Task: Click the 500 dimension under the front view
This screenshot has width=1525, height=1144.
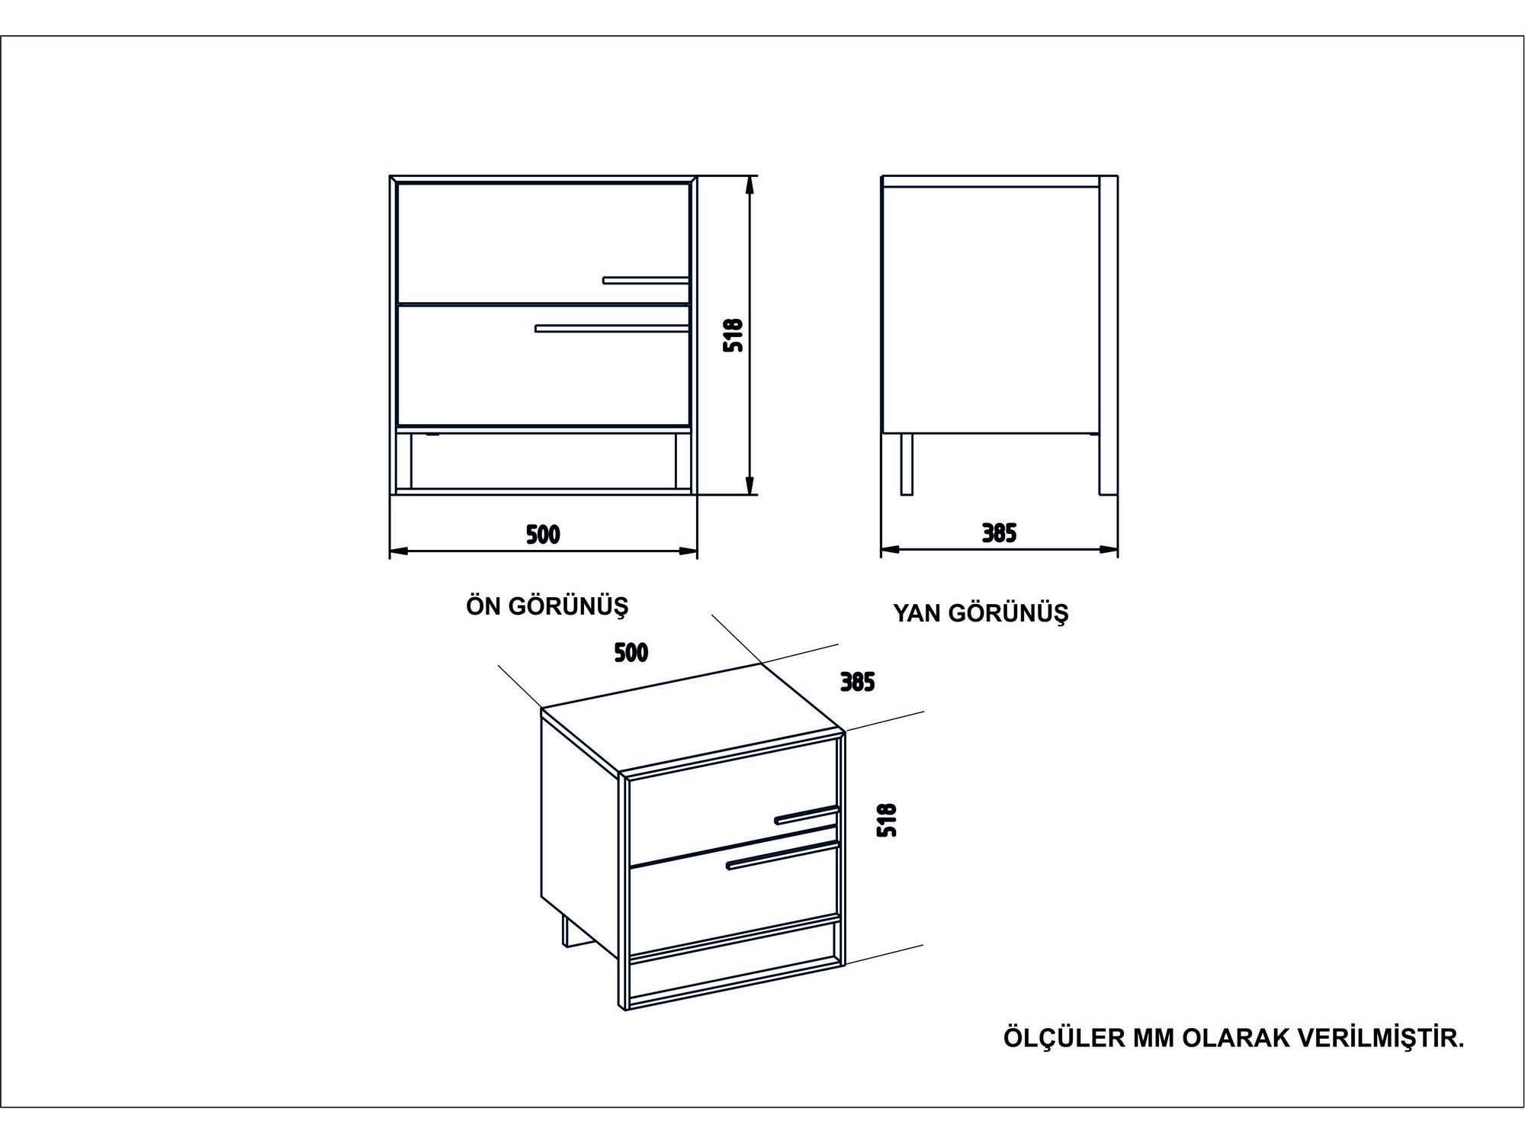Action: point(543,535)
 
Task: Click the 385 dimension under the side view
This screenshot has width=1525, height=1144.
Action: point(999,533)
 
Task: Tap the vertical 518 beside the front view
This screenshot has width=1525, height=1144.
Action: point(733,335)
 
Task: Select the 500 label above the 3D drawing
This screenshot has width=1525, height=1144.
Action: point(631,652)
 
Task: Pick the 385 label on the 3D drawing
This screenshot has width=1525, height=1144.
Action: point(857,682)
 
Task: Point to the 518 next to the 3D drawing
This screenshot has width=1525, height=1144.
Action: point(887,821)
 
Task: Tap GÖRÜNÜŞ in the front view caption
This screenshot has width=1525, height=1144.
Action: point(568,607)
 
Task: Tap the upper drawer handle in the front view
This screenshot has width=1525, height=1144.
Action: point(646,280)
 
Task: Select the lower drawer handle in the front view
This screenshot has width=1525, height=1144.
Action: point(612,329)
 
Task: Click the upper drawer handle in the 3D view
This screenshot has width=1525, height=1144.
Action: point(807,815)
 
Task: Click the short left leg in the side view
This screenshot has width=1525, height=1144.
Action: point(907,464)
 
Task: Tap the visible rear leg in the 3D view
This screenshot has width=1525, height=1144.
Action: point(569,932)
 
